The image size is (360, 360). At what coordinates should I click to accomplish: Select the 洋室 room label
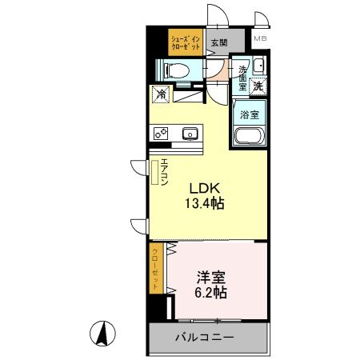tap(210, 278)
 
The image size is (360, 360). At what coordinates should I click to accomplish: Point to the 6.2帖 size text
tap(211, 293)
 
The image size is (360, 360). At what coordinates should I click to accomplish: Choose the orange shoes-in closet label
tap(184, 41)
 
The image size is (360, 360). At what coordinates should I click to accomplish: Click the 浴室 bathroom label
tap(250, 113)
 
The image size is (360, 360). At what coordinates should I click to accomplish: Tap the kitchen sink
tap(190, 134)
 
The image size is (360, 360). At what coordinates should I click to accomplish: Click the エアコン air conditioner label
tap(163, 172)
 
